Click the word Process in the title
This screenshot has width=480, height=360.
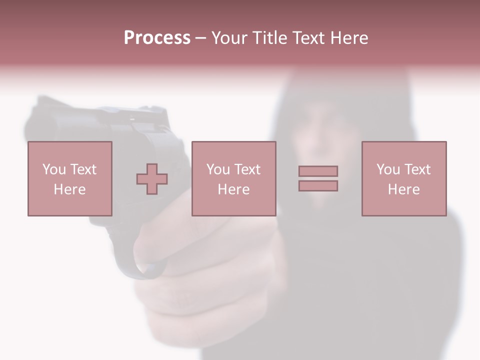[157, 38]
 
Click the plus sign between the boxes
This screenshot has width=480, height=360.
[152, 179]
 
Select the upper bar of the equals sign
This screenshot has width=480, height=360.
[318, 171]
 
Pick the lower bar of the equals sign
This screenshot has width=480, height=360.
[318, 185]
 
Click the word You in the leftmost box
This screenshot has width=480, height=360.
[54, 169]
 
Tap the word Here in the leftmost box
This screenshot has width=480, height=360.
[69, 189]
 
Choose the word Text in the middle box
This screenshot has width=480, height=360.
[247, 169]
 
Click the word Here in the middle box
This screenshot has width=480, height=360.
[233, 189]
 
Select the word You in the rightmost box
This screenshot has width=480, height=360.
[388, 169]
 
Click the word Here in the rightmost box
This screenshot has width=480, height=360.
[403, 189]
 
